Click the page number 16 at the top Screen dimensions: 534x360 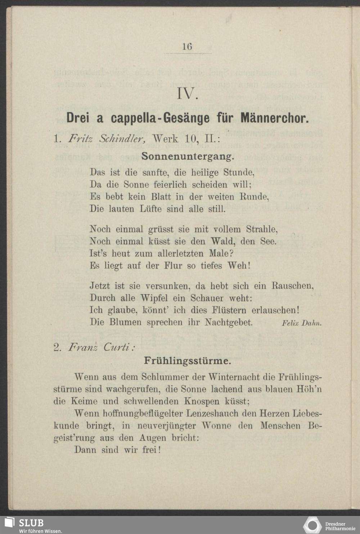pos(187,46)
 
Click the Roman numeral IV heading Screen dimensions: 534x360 pos(188,94)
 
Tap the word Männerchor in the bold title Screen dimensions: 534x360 pos(274,118)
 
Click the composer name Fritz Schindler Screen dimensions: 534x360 pos(107,139)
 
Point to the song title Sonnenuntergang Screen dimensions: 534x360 pos(188,157)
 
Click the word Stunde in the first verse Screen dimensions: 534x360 pos(239,172)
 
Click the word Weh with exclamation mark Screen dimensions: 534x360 pos(239,266)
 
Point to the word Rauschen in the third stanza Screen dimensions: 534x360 pos(292,286)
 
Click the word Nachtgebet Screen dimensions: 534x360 pos(229,322)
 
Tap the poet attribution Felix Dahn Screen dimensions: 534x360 pos(301,323)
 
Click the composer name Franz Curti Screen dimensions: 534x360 pos(102,347)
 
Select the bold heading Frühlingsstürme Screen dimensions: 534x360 pos(188,361)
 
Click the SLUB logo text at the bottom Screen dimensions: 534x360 pos(31,523)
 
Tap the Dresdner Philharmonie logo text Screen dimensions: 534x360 pos(340,526)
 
